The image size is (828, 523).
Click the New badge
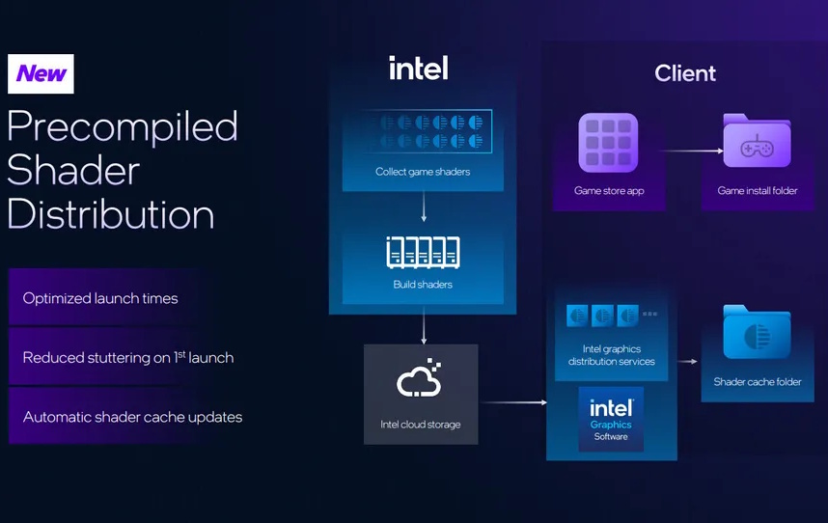pos(41,73)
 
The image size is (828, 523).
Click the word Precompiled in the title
pos(123,127)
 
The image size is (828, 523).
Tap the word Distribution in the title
pos(111,213)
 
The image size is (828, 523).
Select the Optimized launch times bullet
pos(100,298)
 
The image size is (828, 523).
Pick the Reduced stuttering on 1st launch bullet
pos(128,358)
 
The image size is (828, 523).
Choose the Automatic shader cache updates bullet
pos(132,417)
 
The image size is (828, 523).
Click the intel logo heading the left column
pos(418,69)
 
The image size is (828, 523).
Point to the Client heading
pos(685,73)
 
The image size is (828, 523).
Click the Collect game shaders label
pos(423,172)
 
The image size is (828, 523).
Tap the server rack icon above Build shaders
pos(423,253)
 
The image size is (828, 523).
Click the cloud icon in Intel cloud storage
pos(420,380)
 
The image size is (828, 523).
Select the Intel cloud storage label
pos(420,425)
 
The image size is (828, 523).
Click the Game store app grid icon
pos(608,143)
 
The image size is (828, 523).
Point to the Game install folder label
pos(758,191)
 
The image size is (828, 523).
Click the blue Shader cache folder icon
pos(757,334)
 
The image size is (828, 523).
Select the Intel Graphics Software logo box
pos(611,419)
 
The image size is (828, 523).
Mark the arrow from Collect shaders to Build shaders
pos(423,206)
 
